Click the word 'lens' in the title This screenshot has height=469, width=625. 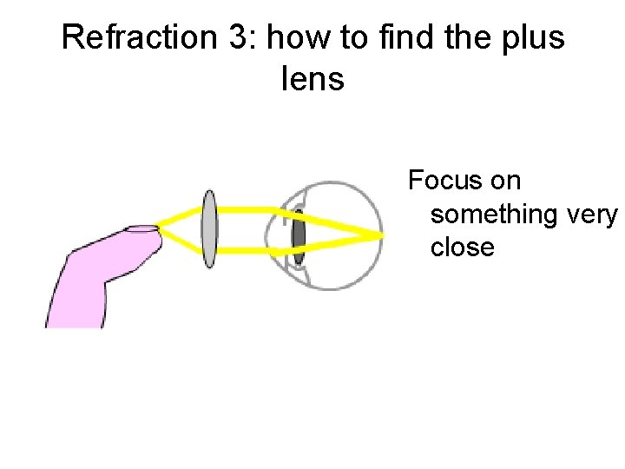[x=312, y=81]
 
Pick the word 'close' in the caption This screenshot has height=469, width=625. [x=462, y=248]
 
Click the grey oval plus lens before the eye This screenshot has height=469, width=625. [x=209, y=229]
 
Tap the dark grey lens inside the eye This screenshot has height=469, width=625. [x=299, y=234]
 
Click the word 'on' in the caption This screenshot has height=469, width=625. [x=505, y=182]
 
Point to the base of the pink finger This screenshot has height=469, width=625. [x=74, y=313]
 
